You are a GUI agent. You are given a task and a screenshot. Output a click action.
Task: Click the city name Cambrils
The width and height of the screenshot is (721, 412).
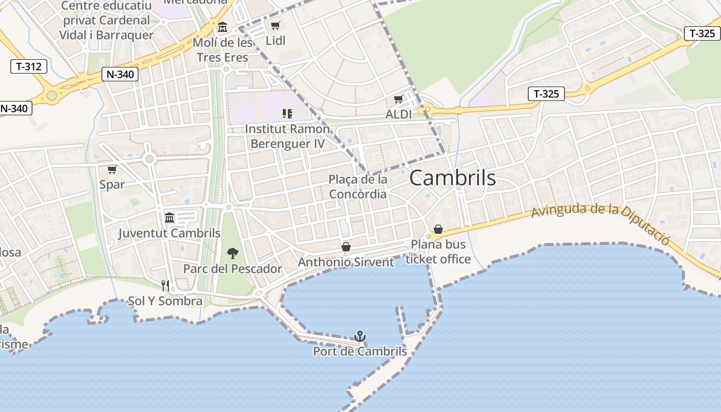[453, 178]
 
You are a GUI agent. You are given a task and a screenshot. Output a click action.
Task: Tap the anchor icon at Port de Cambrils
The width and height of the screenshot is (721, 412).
[360, 337]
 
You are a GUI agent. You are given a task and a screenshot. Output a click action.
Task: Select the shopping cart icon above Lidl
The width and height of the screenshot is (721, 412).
[276, 25]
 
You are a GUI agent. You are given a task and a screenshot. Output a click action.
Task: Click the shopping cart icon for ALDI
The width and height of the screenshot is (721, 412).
[398, 99]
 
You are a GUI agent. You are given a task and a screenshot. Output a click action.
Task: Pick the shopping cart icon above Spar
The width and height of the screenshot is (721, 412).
[112, 169]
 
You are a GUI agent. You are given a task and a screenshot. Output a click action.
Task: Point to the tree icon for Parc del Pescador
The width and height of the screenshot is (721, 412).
[233, 253]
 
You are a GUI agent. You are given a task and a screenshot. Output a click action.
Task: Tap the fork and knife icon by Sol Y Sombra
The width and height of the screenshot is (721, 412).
[165, 285]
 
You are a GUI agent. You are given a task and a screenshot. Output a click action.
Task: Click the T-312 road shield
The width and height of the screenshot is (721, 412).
[29, 66]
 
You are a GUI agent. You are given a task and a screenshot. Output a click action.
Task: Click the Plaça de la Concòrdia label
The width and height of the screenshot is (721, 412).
[358, 186]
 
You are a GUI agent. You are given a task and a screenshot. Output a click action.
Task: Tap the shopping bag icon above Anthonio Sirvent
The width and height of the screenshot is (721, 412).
[346, 247]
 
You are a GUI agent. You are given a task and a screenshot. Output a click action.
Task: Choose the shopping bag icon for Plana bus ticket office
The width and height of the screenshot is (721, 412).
[438, 229]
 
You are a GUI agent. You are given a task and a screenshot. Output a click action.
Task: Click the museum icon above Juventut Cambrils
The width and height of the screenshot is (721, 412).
[169, 217]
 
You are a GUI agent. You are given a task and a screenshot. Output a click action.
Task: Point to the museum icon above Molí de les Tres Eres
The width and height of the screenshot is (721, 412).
[222, 27]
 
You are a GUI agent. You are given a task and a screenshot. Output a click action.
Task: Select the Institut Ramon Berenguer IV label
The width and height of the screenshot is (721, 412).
[287, 136]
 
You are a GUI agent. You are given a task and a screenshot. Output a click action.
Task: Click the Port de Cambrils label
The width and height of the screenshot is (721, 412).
[360, 352]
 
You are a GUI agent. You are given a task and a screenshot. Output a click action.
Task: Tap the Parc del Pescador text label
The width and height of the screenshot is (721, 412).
[233, 269]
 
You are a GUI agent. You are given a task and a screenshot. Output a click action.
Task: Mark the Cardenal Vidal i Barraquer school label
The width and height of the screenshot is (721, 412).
[106, 20]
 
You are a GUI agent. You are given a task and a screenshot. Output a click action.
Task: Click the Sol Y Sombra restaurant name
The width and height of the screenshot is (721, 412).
[165, 301]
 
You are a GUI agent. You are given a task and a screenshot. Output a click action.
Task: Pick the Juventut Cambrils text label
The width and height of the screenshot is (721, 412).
[169, 233]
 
